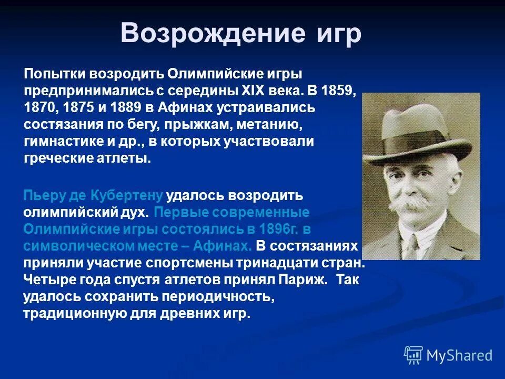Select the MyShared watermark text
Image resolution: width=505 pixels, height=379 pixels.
click(x=459, y=355)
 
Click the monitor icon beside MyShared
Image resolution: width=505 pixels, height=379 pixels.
click(x=413, y=355)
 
